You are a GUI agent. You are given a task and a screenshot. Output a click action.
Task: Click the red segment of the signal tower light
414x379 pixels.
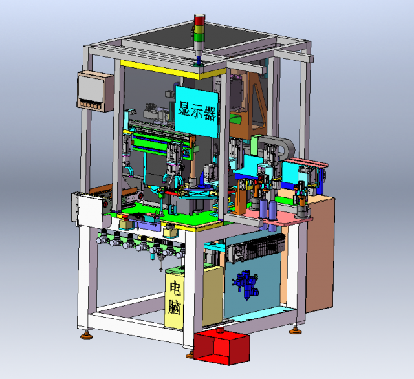click(x=199, y=20)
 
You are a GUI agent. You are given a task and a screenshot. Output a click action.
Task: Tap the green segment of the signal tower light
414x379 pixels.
click(x=199, y=37)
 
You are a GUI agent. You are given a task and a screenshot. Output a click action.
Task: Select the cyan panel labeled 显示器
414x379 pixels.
click(x=197, y=112)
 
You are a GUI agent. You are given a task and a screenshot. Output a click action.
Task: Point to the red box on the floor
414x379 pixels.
click(x=221, y=347)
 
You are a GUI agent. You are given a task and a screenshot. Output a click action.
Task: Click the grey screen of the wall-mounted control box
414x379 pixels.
click(x=91, y=87)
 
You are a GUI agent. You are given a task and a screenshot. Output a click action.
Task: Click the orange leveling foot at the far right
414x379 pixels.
click(x=295, y=330)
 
